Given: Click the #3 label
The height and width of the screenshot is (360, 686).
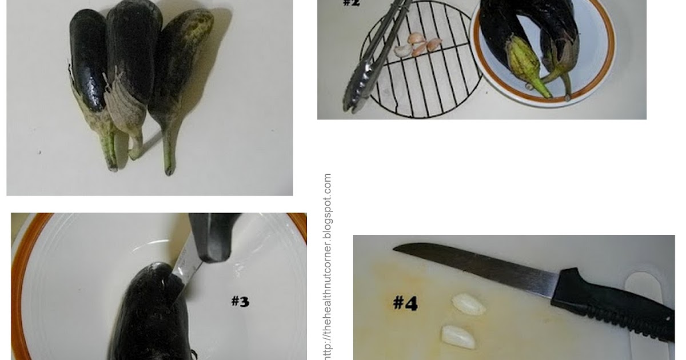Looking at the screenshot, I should click(x=240, y=301).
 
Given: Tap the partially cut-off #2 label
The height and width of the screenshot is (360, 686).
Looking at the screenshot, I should click(x=351, y=3).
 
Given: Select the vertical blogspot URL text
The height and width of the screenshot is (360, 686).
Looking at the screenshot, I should click(x=328, y=266).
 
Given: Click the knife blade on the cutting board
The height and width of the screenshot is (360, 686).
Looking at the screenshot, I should click(x=474, y=266).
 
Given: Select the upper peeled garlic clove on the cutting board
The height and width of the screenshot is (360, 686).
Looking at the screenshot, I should click(x=469, y=305).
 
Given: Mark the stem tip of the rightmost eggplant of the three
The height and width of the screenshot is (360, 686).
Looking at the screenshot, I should click(x=169, y=170).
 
